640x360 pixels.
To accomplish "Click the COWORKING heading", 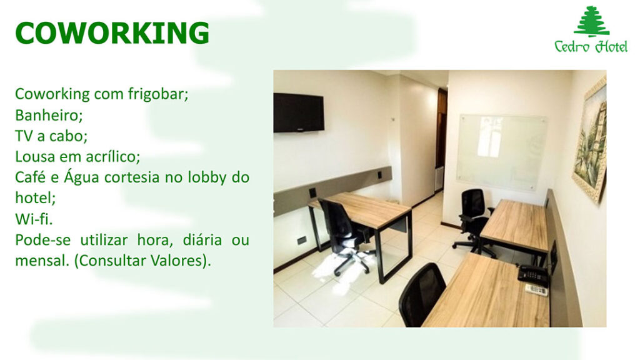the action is point(112,33).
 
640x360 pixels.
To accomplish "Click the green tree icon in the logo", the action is point(591,22).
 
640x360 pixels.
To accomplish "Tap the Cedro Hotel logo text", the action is point(591,46).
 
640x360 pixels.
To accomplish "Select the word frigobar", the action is point(158,94).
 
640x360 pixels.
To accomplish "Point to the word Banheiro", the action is point(49,115).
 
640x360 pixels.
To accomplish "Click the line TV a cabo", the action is point(51,136).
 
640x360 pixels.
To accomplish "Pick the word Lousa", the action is point(35,156).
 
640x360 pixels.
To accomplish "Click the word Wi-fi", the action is point(34,219).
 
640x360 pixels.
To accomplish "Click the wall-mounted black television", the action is point(299,112).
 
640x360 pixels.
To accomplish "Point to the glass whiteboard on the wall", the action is point(502,152).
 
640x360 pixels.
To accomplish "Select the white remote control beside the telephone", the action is point(536,290).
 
